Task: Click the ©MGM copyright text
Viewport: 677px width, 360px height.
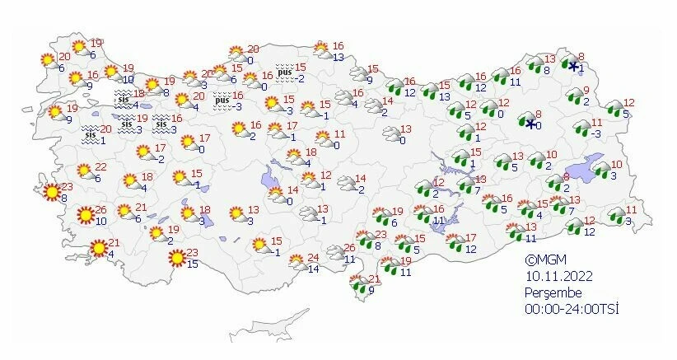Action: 547,259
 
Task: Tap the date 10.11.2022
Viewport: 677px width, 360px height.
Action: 558,276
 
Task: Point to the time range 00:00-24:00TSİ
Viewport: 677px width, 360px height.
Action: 572,309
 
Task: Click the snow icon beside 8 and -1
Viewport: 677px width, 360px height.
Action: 573,66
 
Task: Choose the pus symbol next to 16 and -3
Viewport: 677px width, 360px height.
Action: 221,101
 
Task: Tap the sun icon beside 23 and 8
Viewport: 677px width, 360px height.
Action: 51,193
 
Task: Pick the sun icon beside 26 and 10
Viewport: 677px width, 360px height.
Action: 85,217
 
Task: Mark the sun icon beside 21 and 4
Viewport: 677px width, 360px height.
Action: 98,247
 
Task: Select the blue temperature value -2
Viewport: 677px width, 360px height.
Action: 301,78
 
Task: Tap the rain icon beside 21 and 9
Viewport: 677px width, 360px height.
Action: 359,285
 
